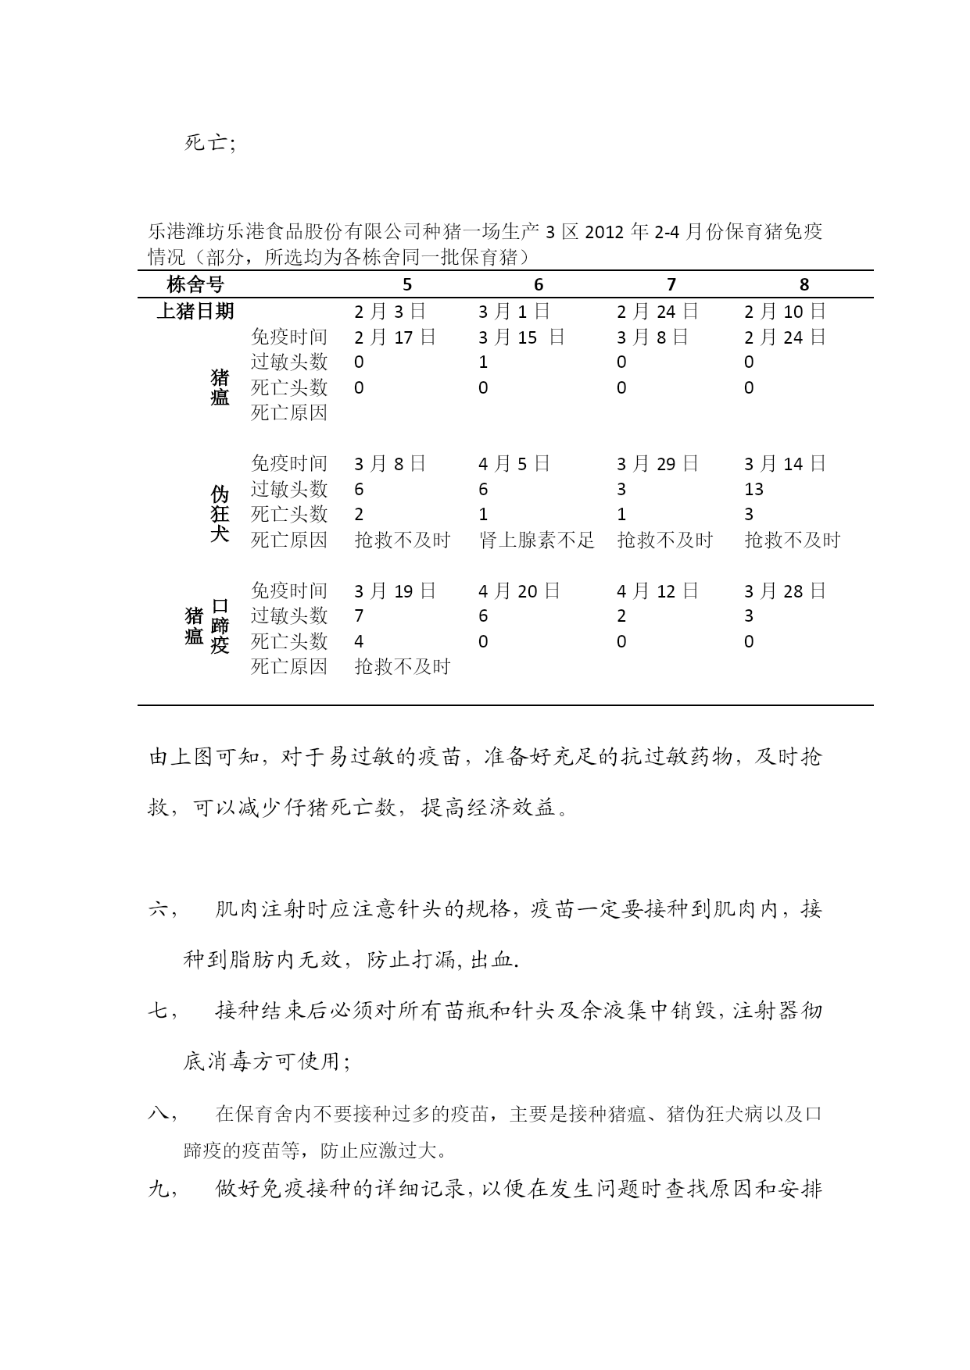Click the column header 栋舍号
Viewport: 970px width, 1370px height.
coord(195,284)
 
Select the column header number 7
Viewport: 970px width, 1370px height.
coord(671,285)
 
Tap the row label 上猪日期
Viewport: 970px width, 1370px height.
coord(195,311)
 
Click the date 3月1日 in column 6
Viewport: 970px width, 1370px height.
coord(514,311)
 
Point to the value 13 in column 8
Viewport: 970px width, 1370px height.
coord(754,489)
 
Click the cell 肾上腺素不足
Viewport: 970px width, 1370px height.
coord(537,540)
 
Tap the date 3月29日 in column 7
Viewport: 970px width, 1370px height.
coord(657,464)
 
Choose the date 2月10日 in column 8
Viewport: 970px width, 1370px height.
coord(785,311)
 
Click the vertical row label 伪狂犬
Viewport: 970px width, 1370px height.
coord(220,514)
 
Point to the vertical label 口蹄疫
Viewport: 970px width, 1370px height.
coord(220,626)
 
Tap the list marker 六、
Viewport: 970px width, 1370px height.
coord(161,909)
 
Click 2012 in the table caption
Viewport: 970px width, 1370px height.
coord(606,232)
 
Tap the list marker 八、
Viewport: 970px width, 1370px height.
coord(161,1114)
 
